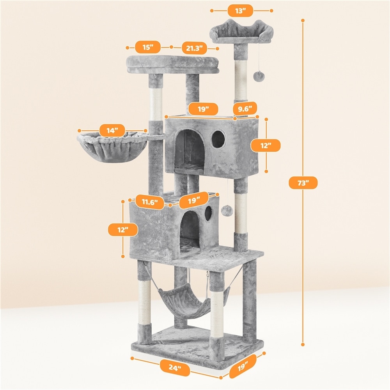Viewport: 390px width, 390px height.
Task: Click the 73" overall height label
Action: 303,183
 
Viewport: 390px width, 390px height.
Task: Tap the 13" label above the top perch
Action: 241,11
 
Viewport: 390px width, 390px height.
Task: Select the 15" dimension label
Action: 148,47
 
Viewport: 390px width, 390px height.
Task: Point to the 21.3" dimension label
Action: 194,48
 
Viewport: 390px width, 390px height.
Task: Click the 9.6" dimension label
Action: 245,108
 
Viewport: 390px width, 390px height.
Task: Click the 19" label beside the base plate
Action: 242,366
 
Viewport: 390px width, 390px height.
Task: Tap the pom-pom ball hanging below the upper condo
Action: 227,211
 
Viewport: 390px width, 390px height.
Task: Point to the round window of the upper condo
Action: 218,139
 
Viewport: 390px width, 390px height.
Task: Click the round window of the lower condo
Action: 209,213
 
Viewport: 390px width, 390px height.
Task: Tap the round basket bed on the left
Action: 112,147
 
